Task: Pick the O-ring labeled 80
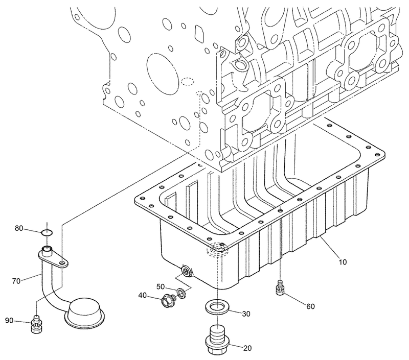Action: point(47,233)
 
